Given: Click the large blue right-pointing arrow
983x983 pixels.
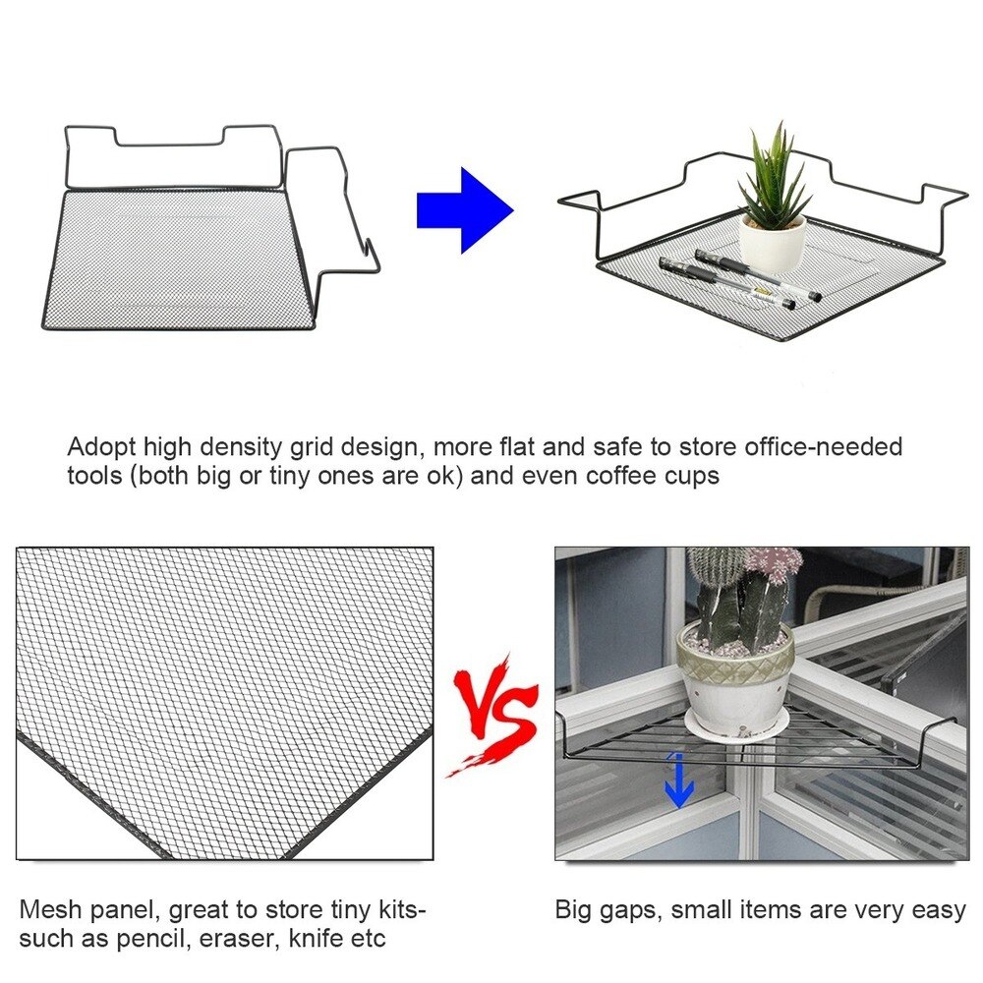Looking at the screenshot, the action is click(x=465, y=210).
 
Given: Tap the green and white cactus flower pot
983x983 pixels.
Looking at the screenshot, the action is click(x=735, y=676).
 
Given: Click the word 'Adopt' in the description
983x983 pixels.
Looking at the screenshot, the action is click(x=101, y=448).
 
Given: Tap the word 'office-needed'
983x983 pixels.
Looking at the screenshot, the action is click(x=823, y=447).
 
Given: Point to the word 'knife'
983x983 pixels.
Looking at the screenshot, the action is click(x=317, y=938).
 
